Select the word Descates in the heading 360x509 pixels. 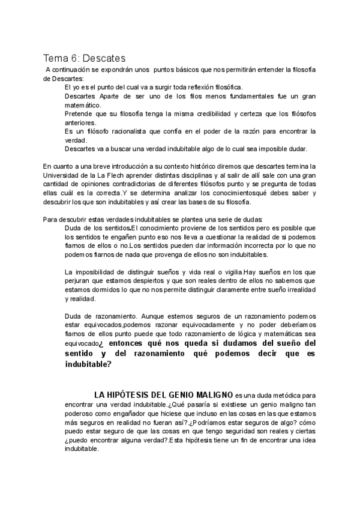(x=104, y=58)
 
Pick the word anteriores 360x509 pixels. (x=80, y=122)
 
